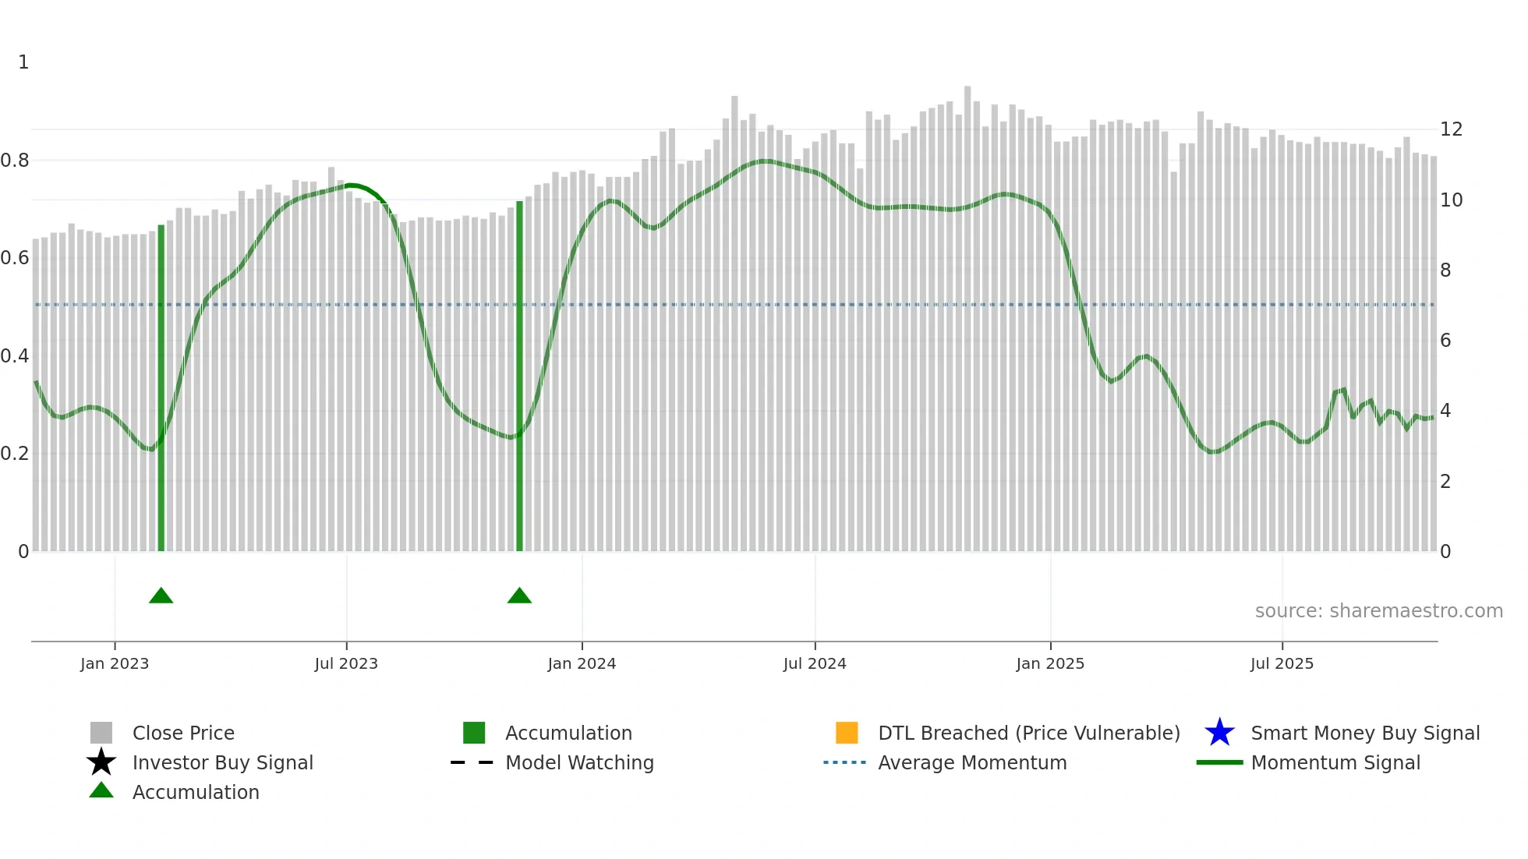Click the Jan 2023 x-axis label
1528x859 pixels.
[115, 663]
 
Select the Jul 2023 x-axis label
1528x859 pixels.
[346, 663]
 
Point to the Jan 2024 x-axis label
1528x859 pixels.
[582, 663]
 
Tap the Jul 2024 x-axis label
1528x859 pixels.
[815, 663]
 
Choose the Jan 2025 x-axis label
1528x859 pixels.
[1050, 663]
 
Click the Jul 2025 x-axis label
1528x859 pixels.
[1282, 663]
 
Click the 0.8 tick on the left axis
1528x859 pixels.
[15, 161]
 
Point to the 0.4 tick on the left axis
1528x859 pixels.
[15, 356]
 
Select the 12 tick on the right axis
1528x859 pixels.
[1451, 129]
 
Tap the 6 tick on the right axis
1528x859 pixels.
[1445, 341]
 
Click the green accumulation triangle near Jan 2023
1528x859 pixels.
[161, 596]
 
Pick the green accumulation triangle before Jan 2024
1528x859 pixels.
[519, 596]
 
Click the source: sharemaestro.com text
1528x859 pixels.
[1378, 611]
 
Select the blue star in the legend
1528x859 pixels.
[1219, 733]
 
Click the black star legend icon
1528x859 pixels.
[101, 762]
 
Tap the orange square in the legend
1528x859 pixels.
[847, 733]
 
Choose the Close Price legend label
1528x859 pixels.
[183, 734]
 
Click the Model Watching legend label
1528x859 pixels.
[579, 763]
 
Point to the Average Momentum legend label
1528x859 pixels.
[972, 763]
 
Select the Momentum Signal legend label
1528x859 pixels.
[1335, 763]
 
